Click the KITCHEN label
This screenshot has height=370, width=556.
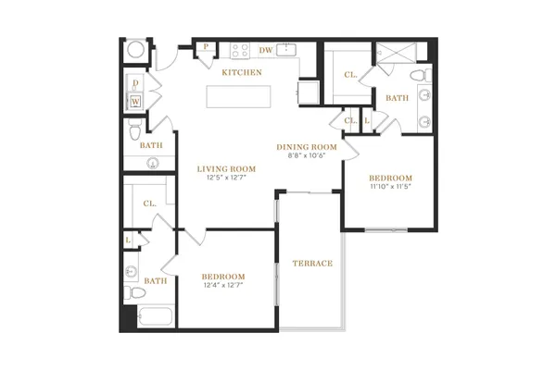pos(242,72)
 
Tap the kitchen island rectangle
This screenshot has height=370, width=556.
pos(239,96)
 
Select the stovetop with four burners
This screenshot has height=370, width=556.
pos(240,51)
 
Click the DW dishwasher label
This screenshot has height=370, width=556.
pos(266,50)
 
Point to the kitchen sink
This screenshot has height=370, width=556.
pos(286,50)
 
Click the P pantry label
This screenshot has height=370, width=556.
pos(206,47)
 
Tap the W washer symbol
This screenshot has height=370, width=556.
pos(136,102)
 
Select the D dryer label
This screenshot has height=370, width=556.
pos(135,83)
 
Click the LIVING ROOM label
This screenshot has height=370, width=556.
pos(226,169)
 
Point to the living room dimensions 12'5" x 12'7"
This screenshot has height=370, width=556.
pos(226,178)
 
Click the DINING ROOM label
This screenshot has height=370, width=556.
pos(307,147)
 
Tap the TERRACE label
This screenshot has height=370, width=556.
pos(313,264)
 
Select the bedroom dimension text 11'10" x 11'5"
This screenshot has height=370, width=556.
pos(390,186)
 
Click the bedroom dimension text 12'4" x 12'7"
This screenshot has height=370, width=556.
pos(223,285)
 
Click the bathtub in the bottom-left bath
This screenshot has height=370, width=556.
pos(155,316)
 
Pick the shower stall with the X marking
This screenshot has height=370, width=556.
pos(396,53)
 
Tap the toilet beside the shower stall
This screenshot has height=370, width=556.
pos(421,76)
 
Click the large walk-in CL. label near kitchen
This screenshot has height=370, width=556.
pos(350,75)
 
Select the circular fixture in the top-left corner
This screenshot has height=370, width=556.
pos(136,50)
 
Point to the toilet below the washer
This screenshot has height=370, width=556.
pos(135,129)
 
